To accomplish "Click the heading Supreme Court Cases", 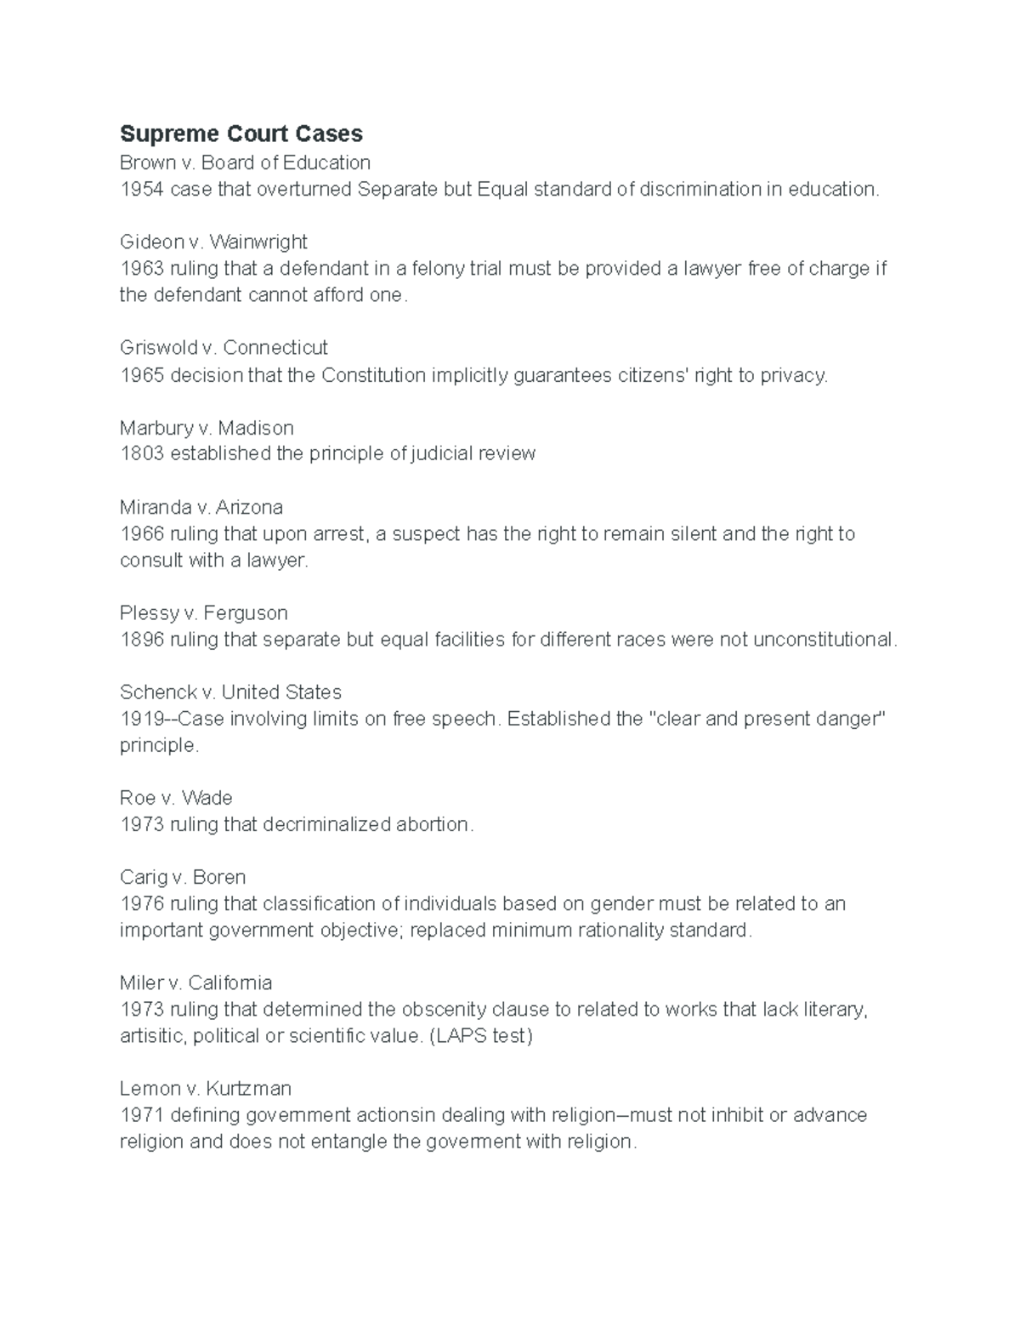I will point(241,134).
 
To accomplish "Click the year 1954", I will point(142,189).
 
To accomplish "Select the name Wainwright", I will point(258,242).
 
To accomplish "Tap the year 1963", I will point(142,269).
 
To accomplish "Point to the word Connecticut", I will point(275,347).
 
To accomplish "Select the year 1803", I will point(142,453).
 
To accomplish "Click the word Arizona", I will point(249,507).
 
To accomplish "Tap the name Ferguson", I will point(246,612).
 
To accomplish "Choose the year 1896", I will point(142,639).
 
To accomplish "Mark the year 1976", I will point(142,903).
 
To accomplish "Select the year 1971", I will point(142,1115).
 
